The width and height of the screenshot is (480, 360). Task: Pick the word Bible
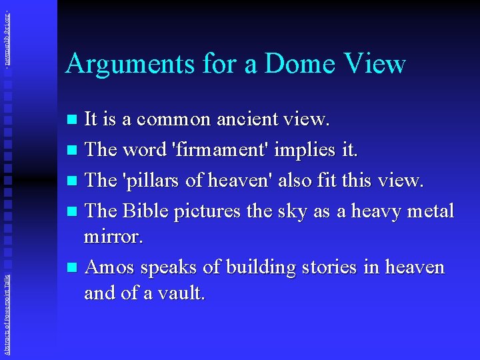tap(146, 211)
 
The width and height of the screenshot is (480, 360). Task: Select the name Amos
tap(110, 267)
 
